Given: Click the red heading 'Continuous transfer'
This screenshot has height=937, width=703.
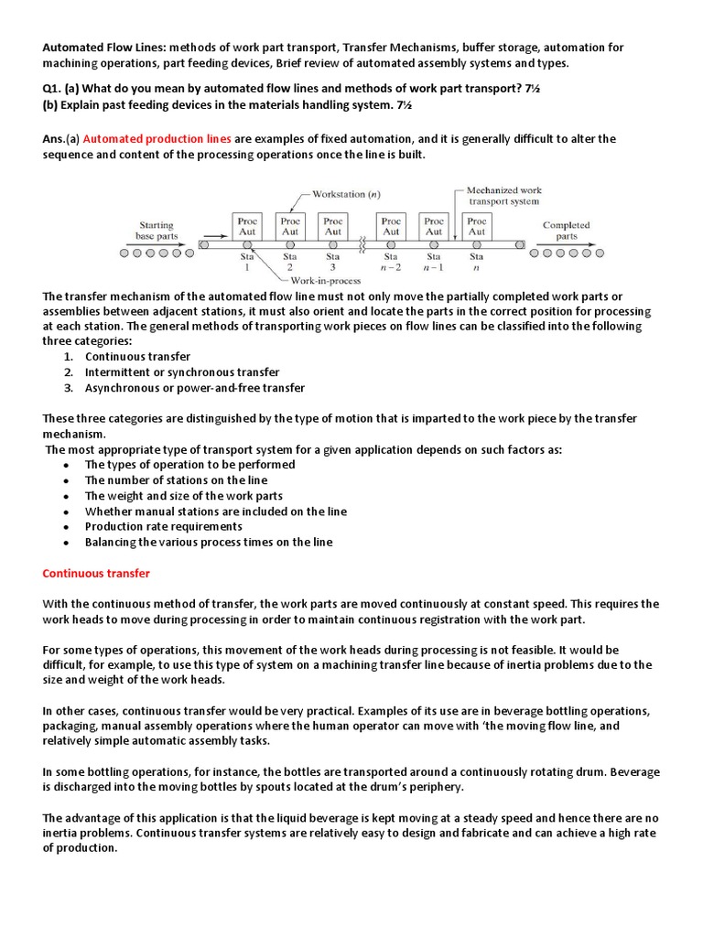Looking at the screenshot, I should (x=96, y=574).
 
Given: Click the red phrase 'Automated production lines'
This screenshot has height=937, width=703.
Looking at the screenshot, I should (x=157, y=139).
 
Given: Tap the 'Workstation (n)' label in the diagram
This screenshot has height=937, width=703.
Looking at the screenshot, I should (x=347, y=194).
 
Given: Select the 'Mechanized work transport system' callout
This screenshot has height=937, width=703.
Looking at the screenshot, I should (x=503, y=196).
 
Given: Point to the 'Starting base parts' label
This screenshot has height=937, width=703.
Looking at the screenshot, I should (x=157, y=230).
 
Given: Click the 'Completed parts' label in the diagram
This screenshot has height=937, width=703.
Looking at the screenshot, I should (x=566, y=230).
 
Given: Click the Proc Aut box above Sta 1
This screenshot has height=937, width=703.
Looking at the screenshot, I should (x=247, y=226).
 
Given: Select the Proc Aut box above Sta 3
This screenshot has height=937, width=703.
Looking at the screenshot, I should (x=333, y=226).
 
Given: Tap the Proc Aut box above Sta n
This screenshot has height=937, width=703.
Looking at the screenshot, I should (x=477, y=226).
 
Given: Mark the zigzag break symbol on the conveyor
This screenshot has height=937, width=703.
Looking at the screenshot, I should (x=362, y=245).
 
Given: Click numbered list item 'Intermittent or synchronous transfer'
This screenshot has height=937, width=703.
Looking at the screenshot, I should (x=182, y=372).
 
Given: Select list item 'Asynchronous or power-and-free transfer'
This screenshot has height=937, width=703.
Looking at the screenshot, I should (x=195, y=388).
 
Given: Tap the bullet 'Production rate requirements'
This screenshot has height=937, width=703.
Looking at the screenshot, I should (x=164, y=526).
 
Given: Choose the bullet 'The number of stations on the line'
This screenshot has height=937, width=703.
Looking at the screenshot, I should (x=177, y=479).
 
